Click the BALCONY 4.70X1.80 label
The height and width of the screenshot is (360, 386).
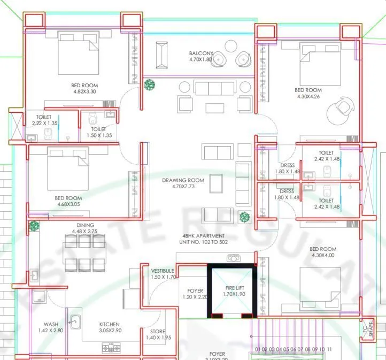[x=201, y=57]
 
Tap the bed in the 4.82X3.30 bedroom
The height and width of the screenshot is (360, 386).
[x=79, y=53]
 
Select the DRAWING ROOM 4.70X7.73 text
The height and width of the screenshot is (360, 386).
[x=183, y=183]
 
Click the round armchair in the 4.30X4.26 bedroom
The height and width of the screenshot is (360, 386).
[x=339, y=108]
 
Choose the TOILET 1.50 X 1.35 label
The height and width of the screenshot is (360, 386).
[x=102, y=132]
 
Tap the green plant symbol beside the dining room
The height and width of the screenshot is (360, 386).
[x=34, y=226]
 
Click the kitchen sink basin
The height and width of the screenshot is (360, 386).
[x=75, y=322]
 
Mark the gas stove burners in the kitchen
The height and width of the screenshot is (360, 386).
[x=111, y=348]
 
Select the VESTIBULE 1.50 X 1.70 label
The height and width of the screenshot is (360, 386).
[x=163, y=274]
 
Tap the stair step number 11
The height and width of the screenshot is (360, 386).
[x=329, y=349]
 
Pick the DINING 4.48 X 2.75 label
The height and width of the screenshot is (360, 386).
[x=85, y=228]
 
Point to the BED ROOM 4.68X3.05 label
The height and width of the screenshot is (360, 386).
[x=68, y=201]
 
